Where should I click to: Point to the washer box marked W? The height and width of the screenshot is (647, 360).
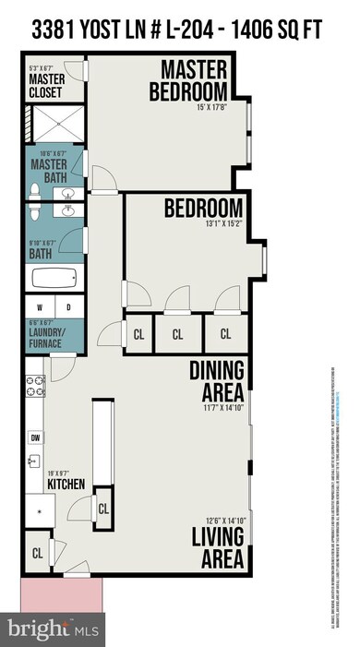pyautogui.click(x=40, y=307)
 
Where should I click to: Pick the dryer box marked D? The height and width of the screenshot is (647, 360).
pyautogui.click(x=69, y=307)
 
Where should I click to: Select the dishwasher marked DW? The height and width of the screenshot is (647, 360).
pyautogui.click(x=34, y=437)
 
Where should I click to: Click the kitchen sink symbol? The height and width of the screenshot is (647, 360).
pyautogui.click(x=34, y=461)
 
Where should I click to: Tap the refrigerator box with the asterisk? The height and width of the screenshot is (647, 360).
pyautogui.click(x=39, y=508)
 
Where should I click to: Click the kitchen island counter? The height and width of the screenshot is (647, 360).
pyautogui.click(x=102, y=443)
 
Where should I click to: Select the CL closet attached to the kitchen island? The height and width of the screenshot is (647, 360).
pyautogui.click(x=103, y=508)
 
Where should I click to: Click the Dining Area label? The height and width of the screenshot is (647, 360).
pyautogui.click(x=217, y=377)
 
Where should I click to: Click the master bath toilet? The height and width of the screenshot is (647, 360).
pyautogui.click(x=34, y=192)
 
